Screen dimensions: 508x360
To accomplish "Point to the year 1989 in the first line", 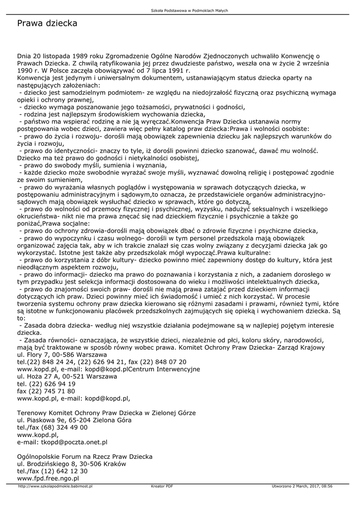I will (x=80, y=56).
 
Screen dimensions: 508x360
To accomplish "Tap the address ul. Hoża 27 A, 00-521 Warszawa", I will (x=67, y=377).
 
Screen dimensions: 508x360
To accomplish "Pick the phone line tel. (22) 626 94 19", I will (x=46, y=383).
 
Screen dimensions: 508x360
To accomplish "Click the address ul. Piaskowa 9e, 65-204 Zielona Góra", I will (x=74, y=420).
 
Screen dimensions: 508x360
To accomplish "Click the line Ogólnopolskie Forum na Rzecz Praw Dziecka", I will (x=85, y=456).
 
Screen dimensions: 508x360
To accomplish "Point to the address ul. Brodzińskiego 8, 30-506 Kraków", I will (x=72, y=463).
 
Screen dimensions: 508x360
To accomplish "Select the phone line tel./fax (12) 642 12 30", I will (x=52, y=471).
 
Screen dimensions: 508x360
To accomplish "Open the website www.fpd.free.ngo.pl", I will (x=48, y=478).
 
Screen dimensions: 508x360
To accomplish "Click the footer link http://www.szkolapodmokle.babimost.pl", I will (x=55, y=486).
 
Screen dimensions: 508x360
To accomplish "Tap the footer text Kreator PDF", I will (x=162, y=486).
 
